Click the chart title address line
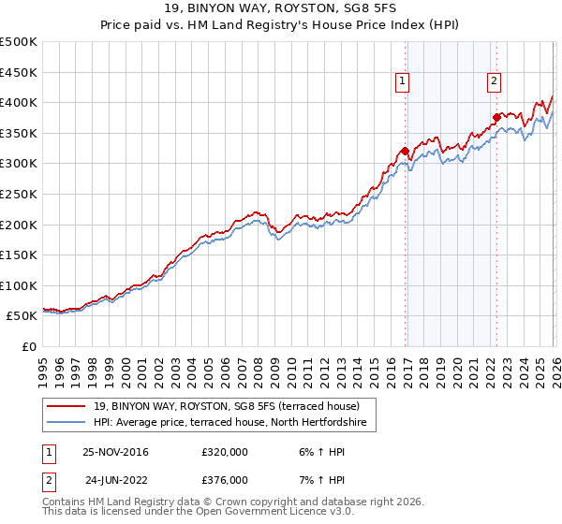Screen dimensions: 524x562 click(x=281, y=8)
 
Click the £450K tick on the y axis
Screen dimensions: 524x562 click(x=18, y=72)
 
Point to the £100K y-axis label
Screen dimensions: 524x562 click(x=18, y=286)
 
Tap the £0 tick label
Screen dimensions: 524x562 click(x=29, y=347)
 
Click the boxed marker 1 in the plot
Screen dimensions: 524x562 click(x=402, y=81)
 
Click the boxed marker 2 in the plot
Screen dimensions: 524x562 click(x=493, y=81)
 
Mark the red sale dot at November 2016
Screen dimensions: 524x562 click(x=405, y=151)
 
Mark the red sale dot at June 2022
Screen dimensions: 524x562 click(x=496, y=117)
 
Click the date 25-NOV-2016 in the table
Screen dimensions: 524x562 click(x=115, y=452)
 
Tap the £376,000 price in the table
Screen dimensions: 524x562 click(x=224, y=480)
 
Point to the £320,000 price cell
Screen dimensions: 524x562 click(x=224, y=452)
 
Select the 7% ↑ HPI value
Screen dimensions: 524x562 click(x=313, y=480)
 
